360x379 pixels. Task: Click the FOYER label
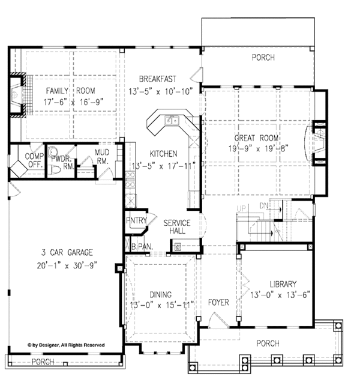point(218,302)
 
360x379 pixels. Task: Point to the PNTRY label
point(136,221)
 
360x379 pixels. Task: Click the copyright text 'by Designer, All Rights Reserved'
point(66,345)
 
